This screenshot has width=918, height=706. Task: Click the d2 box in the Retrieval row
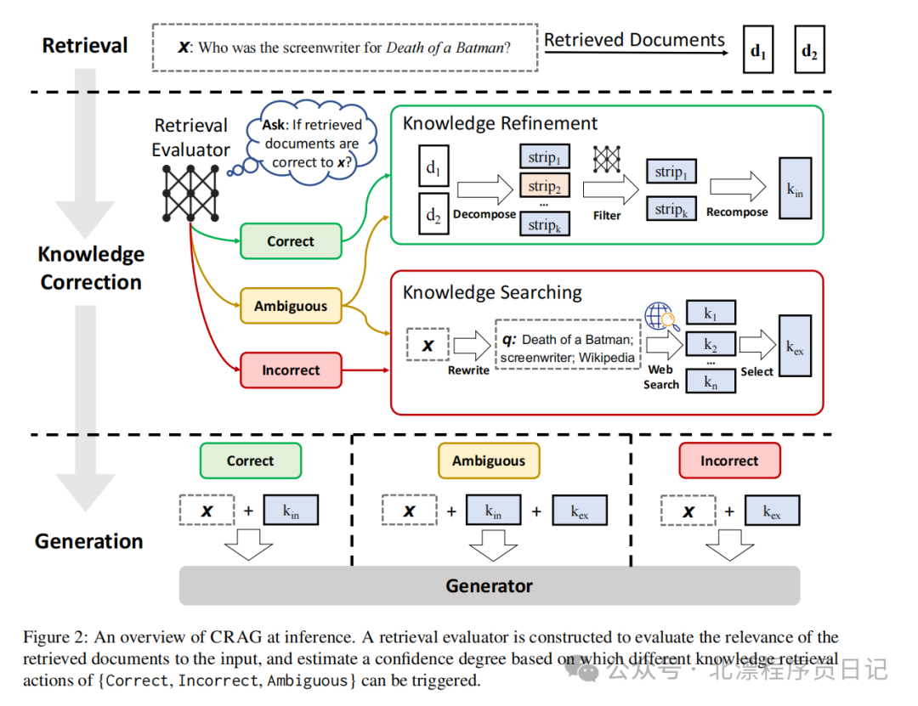808,50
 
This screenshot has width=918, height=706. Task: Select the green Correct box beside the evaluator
291,241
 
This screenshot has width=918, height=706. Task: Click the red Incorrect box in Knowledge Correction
291,370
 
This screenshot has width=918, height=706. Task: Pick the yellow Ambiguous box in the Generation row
489,461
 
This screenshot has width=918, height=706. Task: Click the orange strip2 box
544,186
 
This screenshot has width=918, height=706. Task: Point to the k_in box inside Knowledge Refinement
795,192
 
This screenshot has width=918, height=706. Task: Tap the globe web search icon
660,318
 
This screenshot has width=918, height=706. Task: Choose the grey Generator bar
489,586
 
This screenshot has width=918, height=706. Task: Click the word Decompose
484,215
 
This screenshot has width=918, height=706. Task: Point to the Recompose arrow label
737,212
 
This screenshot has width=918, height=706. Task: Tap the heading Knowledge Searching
492,293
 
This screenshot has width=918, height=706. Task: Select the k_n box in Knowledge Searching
711,382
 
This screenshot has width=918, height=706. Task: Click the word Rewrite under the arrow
468,370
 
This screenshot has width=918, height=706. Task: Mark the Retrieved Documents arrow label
634,40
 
